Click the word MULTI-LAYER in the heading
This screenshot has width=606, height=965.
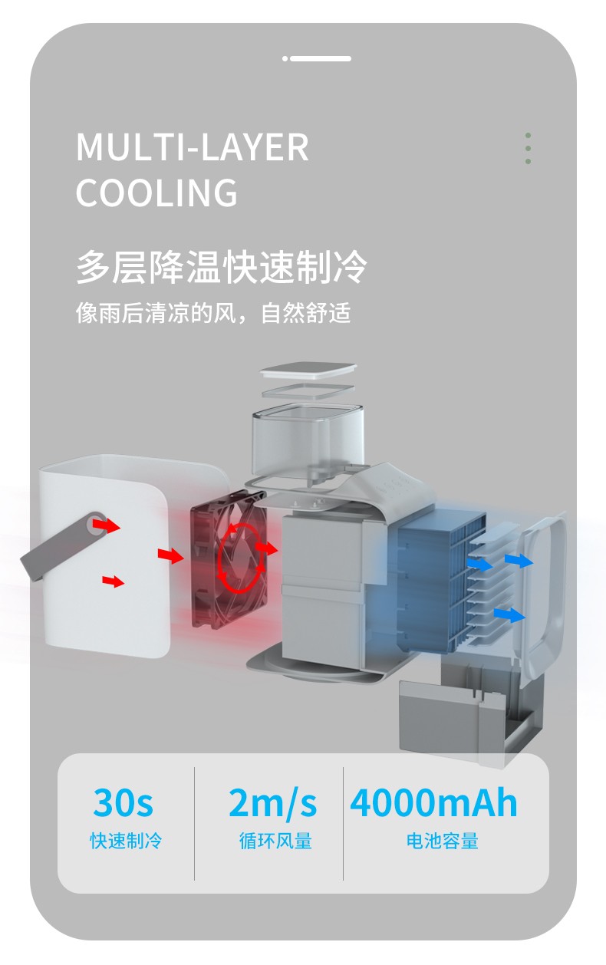pos(192,147)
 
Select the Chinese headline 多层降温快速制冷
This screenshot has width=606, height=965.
pos(222,267)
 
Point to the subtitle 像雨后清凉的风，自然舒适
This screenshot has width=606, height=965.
pos(213,313)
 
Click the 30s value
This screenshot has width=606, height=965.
pos(123,802)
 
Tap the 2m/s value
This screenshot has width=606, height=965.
pos(272,802)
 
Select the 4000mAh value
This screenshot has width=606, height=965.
pos(433,802)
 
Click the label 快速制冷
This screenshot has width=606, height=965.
pos(126,841)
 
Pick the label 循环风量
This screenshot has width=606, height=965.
pos(275,841)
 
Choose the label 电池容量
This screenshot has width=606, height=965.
pos(443,841)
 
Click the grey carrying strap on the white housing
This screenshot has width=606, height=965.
pos(64,545)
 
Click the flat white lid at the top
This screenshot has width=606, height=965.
pos(308,371)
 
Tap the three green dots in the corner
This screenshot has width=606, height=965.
pos(528,148)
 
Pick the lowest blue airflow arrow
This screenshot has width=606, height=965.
pos(509,615)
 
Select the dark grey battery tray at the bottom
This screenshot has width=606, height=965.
pos(469,720)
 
